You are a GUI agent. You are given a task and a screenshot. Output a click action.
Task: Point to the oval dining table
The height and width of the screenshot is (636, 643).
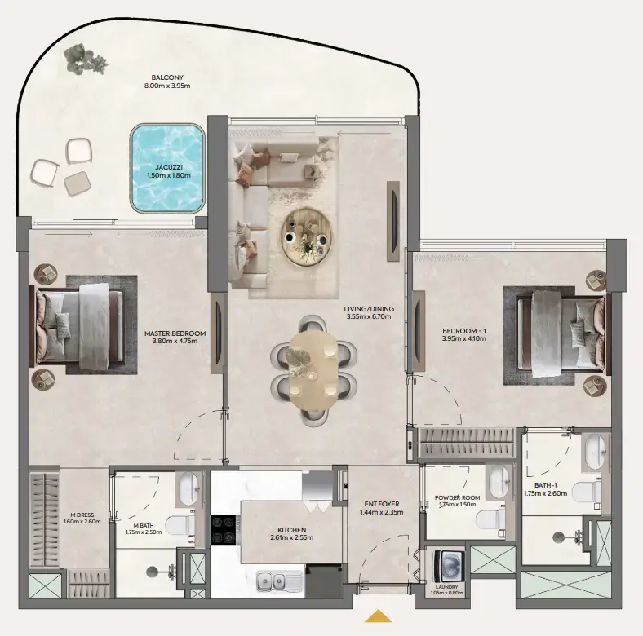pos(313,369)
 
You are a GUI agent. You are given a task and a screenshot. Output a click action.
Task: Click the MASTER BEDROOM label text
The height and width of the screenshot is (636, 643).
pos(175,333)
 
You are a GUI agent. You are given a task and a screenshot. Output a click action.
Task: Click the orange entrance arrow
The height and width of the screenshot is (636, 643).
pos(378,616)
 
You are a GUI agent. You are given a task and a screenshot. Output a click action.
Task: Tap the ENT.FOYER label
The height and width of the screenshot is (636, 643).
pos(376,504)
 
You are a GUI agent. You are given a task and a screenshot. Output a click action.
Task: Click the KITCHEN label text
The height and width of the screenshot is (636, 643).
pos(291,529)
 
